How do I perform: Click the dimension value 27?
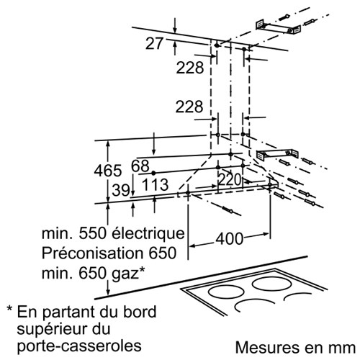pyautogui.click(x=154, y=43)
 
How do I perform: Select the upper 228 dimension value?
pyautogui.click(x=190, y=68)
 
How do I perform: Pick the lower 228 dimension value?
pyautogui.click(x=189, y=107)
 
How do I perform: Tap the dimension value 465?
pyautogui.click(x=108, y=171)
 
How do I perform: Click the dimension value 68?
pyautogui.click(x=140, y=166)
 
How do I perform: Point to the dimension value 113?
pyautogui.click(x=156, y=184)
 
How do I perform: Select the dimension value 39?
pyautogui.click(x=121, y=191)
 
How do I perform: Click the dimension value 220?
pyautogui.click(x=230, y=180)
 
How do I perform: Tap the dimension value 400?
pyautogui.click(x=230, y=239)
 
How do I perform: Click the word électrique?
pyautogui.click(x=148, y=233)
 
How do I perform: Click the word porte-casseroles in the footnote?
pyautogui.click(x=79, y=346)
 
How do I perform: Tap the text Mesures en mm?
pyautogui.click(x=295, y=347)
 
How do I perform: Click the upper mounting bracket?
pyautogui.click(x=278, y=28)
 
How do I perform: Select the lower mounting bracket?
pyautogui.click(x=278, y=154)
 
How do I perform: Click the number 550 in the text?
pyautogui.click(x=92, y=233)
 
